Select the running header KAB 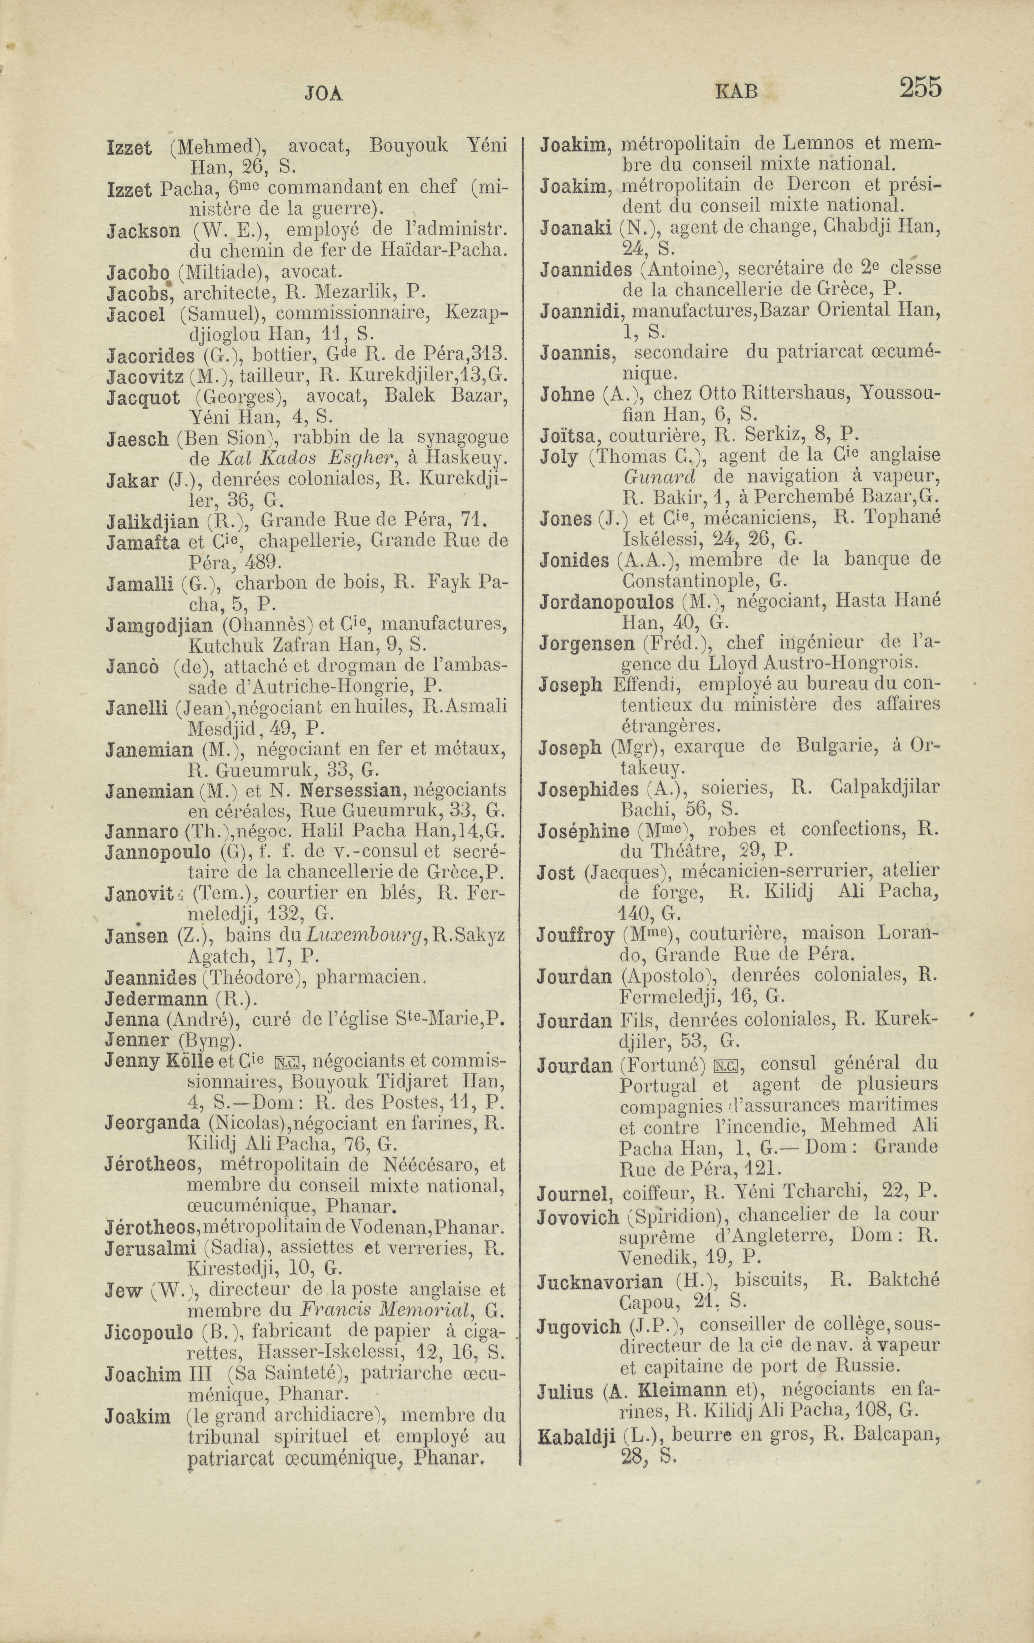[736, 92]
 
